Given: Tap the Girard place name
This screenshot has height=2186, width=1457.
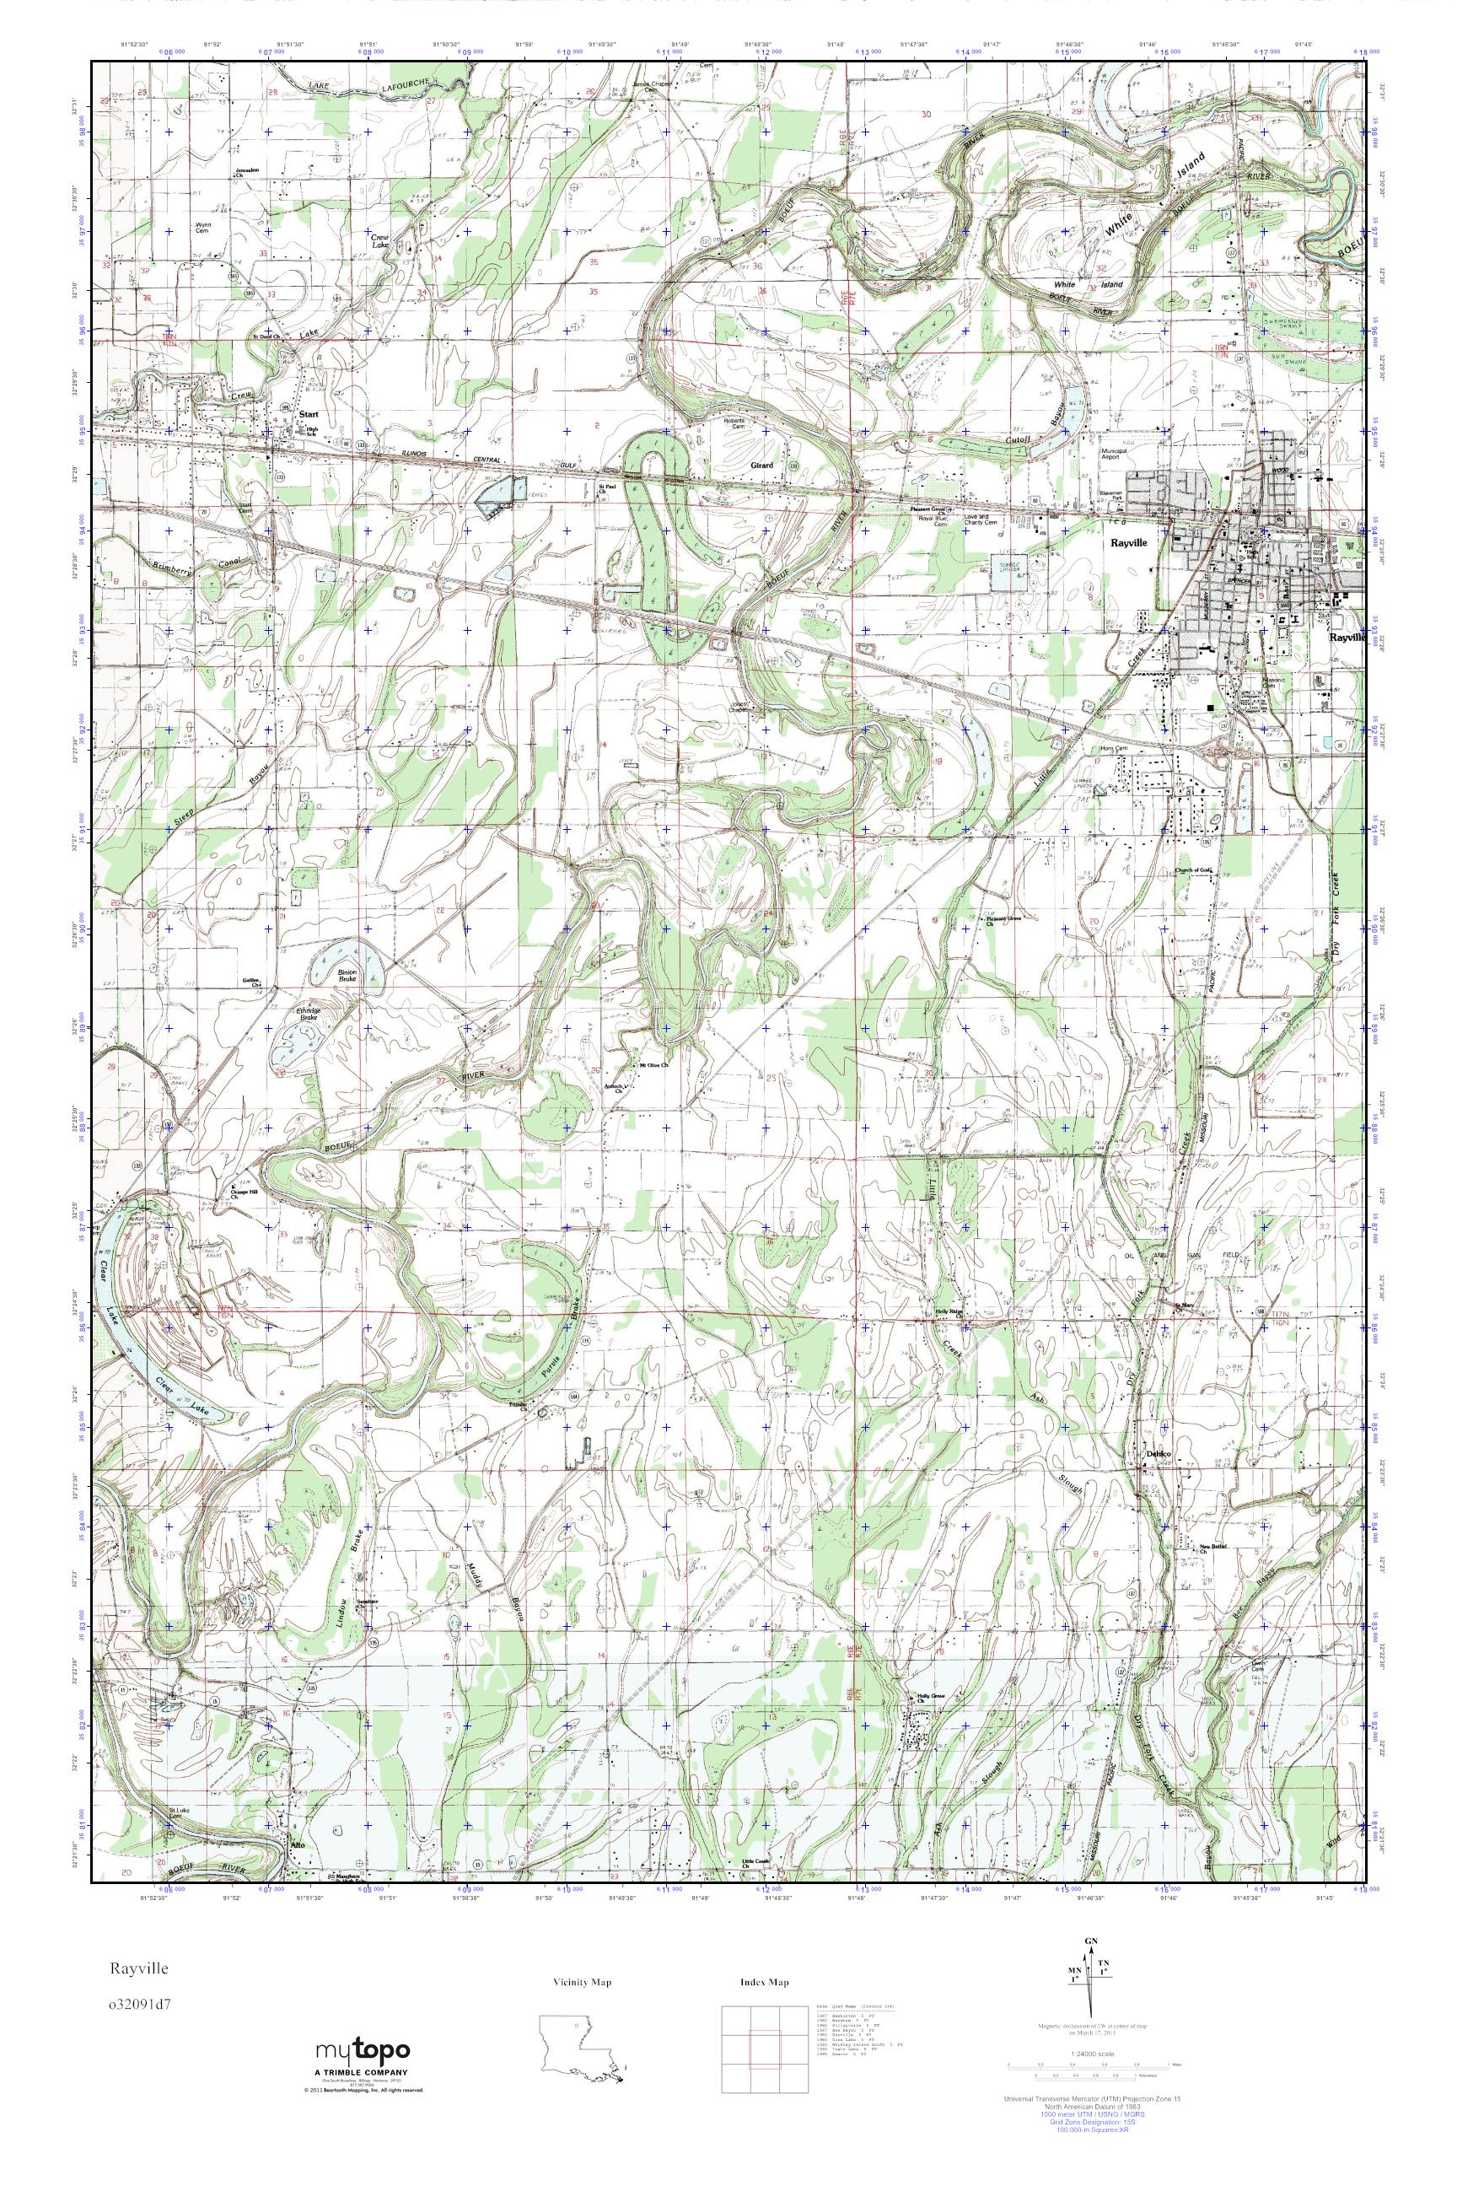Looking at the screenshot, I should pos(762,465).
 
